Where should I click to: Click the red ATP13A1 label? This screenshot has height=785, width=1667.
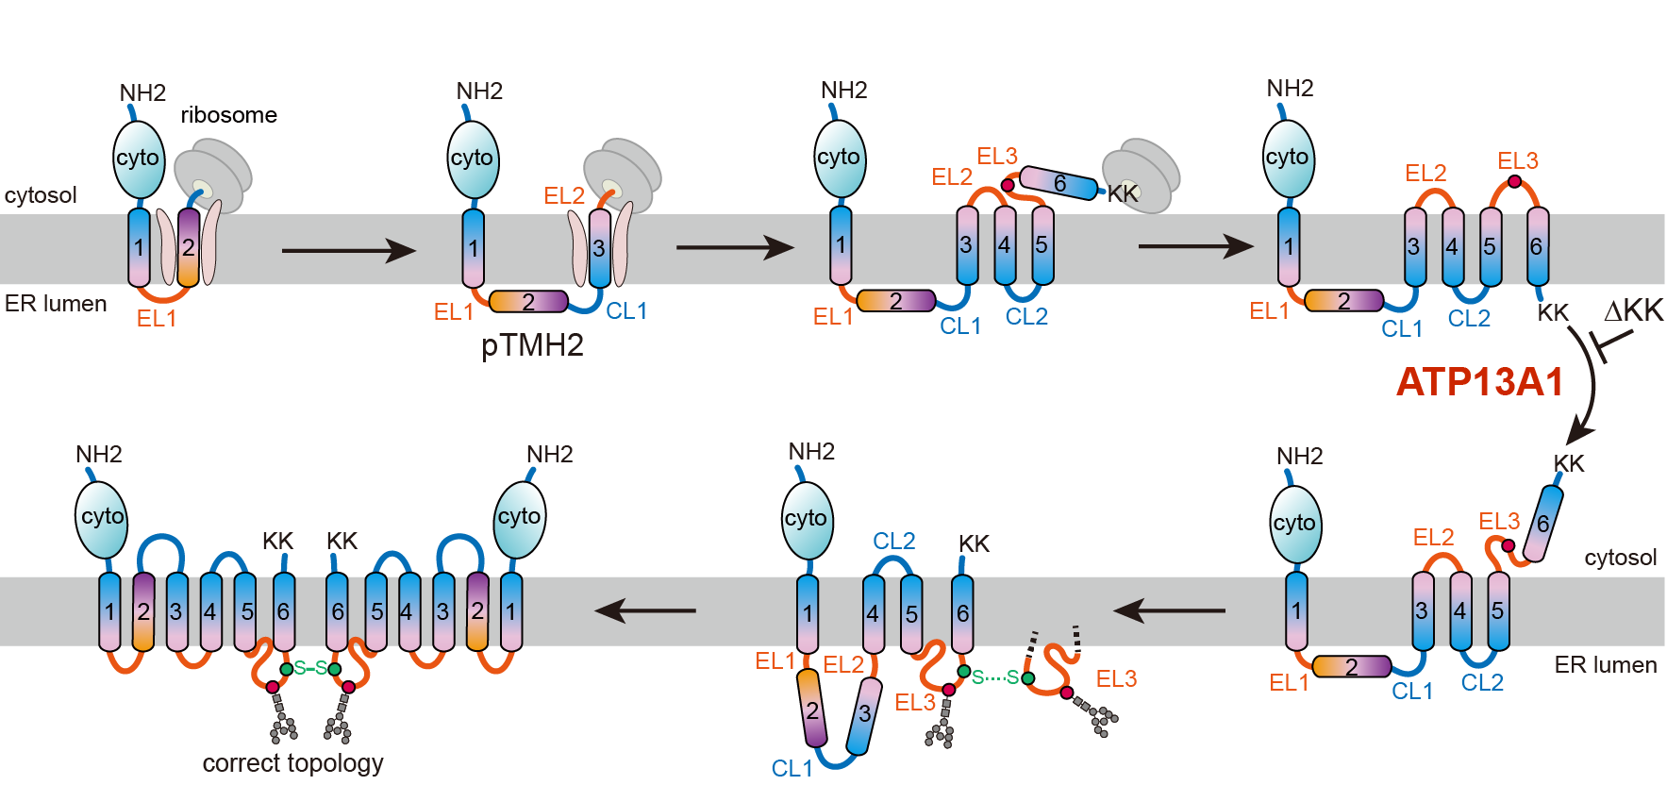point(1479,382)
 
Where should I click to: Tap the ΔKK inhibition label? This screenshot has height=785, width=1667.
point(1633,310)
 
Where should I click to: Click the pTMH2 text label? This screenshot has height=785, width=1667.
point(532,345)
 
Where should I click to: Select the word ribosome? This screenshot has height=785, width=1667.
point(228,115)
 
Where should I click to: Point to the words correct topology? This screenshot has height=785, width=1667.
point(292,762)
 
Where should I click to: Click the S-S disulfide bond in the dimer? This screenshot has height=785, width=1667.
point(310,668)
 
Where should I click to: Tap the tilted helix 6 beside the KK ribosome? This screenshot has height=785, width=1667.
point(1059,183)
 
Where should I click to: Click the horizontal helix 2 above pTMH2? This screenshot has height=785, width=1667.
point(528,302)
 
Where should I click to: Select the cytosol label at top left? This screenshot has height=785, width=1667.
point(41,195)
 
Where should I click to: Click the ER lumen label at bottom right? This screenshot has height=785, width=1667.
point(1605,665)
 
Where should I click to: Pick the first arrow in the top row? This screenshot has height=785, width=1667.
point(348,250)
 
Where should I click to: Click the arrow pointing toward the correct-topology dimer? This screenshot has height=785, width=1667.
point(646,610)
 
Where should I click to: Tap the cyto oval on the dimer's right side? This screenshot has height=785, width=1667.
point(520,517)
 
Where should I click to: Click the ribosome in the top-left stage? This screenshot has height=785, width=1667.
point(213,175)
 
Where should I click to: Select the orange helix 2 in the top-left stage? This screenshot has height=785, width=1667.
point(189,247)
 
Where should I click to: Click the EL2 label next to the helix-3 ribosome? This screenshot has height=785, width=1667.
point(564,195)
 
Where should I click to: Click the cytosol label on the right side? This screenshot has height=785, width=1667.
point(1620,558)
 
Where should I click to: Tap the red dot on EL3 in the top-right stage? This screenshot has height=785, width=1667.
point(1514,181)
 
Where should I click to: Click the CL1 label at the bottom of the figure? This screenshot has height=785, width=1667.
point(792,768)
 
